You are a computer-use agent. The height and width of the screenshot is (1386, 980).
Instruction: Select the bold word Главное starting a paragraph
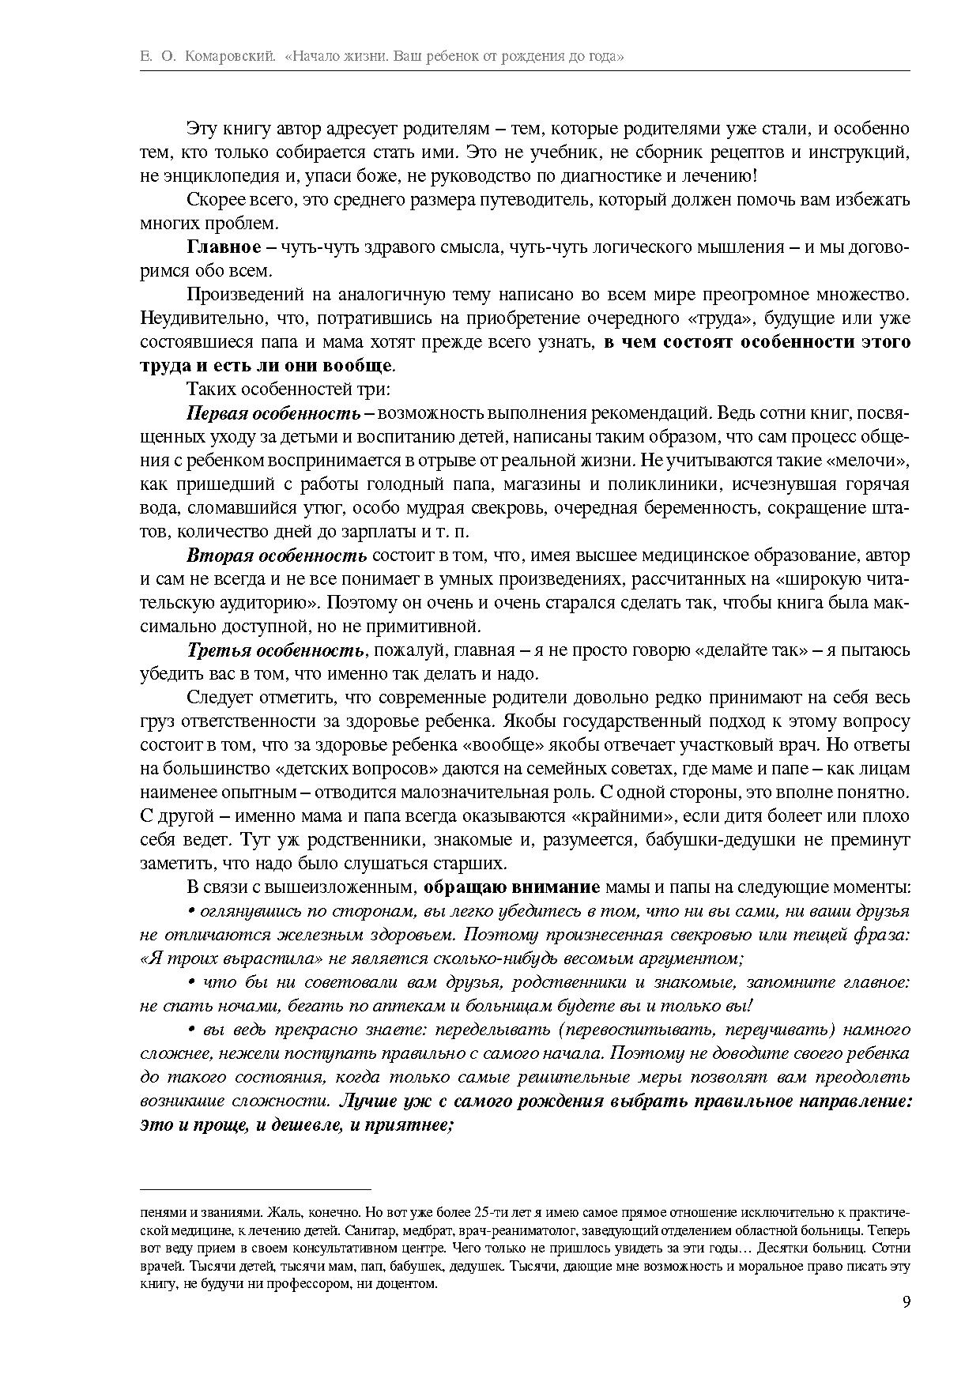224,247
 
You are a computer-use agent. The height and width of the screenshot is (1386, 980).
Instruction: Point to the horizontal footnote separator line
255,1188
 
